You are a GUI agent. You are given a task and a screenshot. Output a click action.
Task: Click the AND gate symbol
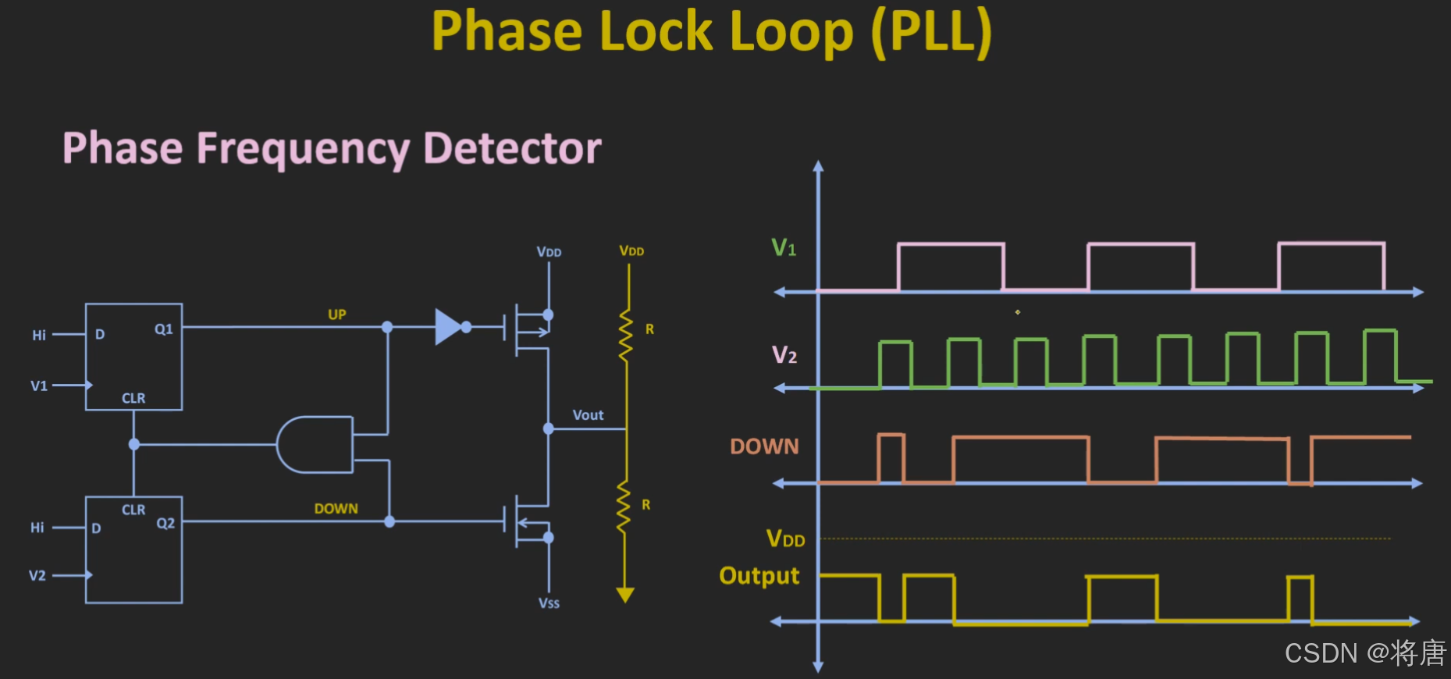click(x=315, y=445)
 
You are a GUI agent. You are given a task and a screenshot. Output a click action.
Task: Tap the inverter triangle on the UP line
click(x=449, y=327)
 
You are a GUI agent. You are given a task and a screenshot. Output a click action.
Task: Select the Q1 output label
click(x=164, y=329)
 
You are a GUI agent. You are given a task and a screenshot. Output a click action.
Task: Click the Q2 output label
click(x=165, y=523)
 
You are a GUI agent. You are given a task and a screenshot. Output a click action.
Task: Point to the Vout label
click(x=588, y=415)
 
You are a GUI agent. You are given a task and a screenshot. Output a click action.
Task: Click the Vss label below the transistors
click(x=549, y=603)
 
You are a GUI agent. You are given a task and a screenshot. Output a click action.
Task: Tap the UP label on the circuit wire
click(x=337, y=315)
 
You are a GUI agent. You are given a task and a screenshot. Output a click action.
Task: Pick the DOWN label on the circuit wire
click(x=336, y=509)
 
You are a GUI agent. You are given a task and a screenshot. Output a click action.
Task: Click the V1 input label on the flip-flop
click(x=39, y=386)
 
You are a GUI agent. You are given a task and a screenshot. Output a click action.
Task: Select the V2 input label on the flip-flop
click(x=37, y=576)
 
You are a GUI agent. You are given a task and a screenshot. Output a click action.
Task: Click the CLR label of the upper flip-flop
click(x=133, y=398)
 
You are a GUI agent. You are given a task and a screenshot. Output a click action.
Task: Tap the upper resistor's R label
click(x=649, y=329)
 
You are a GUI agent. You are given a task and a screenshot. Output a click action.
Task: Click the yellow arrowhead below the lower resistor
click(x=625, y=595)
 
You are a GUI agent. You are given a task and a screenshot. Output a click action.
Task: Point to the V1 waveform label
click(x=784, y=248)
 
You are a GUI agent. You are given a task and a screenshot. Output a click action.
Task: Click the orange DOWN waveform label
click(x=764, y=446)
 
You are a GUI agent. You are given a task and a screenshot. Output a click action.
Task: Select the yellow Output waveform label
click(x=759, y=576)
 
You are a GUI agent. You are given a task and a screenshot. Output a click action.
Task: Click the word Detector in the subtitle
click(x=512, y=148)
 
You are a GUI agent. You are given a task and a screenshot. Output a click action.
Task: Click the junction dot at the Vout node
click(x=549, y=428)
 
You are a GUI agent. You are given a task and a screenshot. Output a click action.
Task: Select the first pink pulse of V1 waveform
click(x=951, y=244)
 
